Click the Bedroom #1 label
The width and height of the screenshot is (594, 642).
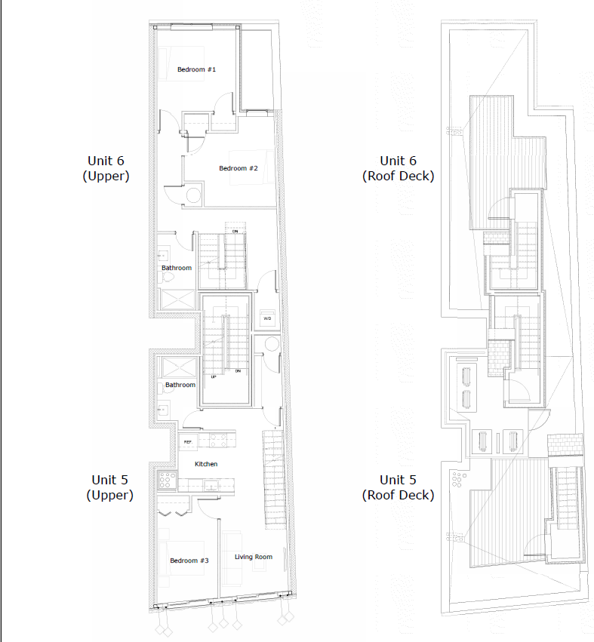click(x=197, y=69)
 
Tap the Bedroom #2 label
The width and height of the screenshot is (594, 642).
click(x=239, y=168)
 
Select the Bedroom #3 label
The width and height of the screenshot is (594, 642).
click(x=189, y=561)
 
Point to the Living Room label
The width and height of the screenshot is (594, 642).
click(x=253, y=557)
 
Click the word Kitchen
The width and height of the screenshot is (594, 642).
click(x=206, y=463)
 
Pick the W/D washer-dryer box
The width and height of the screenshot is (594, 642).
click(x=267, y=318)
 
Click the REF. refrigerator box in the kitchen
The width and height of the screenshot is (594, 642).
click(x=187, y=442)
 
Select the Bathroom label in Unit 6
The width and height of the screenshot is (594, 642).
click(x=177, y=268)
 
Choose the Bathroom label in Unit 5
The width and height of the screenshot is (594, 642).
click(x=180, y=385)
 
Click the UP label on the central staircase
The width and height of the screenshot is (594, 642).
click(x=214, y=376)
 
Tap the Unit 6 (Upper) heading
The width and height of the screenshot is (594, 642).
click(x=106, y=168)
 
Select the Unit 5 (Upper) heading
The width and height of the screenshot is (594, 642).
click(x=109, y=487)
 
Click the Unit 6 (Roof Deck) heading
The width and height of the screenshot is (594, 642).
click(x=398, y=168)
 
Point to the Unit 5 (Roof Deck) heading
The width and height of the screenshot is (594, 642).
click(x=398, y=487)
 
